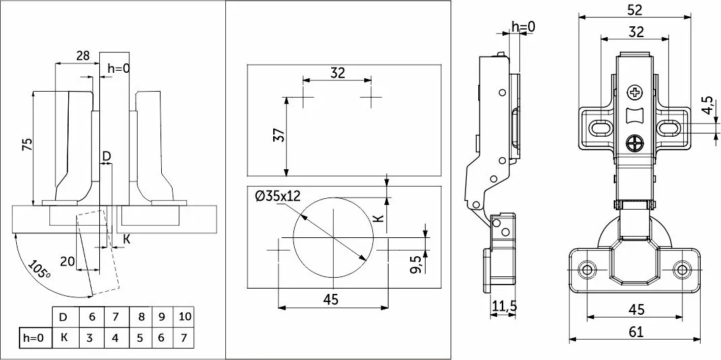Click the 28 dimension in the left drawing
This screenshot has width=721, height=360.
tap(83, 56)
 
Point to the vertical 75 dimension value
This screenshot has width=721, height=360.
tap(28, 145)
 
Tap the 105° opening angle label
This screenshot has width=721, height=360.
tap(39, 270)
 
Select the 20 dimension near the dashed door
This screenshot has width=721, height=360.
tap(67, 262)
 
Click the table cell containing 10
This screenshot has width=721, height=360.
tap(184, 317)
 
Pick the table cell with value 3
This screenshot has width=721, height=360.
tap(90, 338)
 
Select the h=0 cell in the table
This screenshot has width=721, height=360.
tap(33, 338)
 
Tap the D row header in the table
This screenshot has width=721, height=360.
tap(63, 317)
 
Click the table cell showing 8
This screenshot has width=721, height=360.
tap(141, 317)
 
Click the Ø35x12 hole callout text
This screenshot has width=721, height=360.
tap(277, 196)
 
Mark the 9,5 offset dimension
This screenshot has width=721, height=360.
tap(415, 265)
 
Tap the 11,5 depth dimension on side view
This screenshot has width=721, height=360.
tap(504, 306)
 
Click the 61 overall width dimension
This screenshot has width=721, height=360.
tap(637, 332)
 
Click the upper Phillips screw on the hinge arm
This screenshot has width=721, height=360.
tap(635, 93)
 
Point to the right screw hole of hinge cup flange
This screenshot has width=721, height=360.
tap(681, 270)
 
